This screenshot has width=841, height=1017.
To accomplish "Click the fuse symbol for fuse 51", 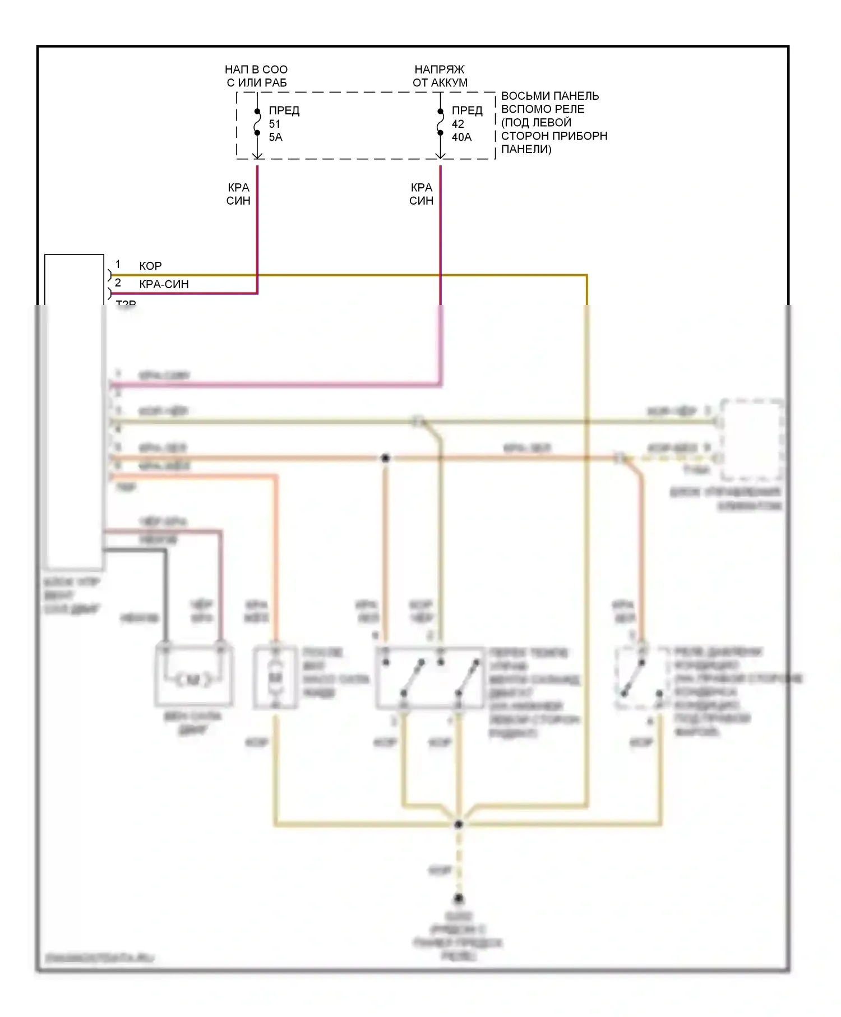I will click(x=257, y=122).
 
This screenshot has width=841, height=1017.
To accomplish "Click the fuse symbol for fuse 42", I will click(x=441, y=122).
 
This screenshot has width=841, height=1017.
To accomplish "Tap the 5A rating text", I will click(x=276, y=137).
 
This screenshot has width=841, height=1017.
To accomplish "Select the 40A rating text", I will click(x=462, y=137).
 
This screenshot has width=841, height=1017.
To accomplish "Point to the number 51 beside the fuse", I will click(x=275, y=124).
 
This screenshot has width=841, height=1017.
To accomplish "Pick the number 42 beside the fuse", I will click(x=458, y=124).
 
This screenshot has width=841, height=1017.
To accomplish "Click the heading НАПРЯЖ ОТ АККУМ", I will click(x=440, y=76).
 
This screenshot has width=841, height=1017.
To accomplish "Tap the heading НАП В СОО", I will click(x=256, y=70).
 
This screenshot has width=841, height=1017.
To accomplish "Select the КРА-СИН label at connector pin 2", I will click(x=164, y=284).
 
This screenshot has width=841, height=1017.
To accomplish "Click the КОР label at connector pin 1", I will click(x=150, y=266).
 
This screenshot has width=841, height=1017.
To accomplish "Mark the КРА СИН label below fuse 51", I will click(x=238, y=194).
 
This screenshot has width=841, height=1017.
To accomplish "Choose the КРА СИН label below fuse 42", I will click(x=421, y=194).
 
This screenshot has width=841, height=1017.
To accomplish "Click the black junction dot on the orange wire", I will click(x=385, y=458).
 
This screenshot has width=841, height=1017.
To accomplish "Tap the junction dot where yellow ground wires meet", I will click(x=458, y=824).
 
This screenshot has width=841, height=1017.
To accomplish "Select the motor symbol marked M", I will click(x=193, y=679).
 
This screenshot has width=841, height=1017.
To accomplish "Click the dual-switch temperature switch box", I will click(x=429, y=677).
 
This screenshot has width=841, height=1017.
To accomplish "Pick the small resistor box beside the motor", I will click(x=275, y=677).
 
